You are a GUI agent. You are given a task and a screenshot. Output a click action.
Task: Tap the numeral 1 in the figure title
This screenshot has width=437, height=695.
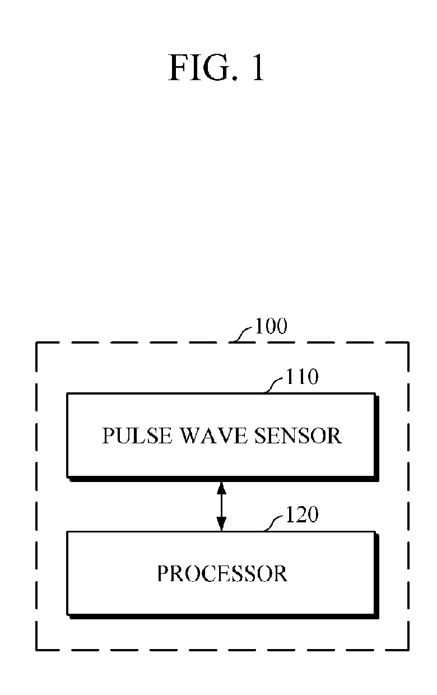coord(256,69)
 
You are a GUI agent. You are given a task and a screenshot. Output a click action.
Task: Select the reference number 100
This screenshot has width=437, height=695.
coord(271,326)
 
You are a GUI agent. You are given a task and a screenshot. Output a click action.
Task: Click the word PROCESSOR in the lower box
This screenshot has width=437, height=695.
coord(222,573)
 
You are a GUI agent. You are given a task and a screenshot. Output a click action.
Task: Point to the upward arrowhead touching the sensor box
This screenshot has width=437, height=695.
coord(222,486)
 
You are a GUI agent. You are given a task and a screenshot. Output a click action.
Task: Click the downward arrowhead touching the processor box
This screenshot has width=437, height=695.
coord(222,524)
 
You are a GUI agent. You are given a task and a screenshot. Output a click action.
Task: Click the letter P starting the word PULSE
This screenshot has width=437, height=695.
coord(107,435)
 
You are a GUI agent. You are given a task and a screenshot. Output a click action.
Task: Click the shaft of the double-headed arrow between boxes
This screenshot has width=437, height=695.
coord(222,505)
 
